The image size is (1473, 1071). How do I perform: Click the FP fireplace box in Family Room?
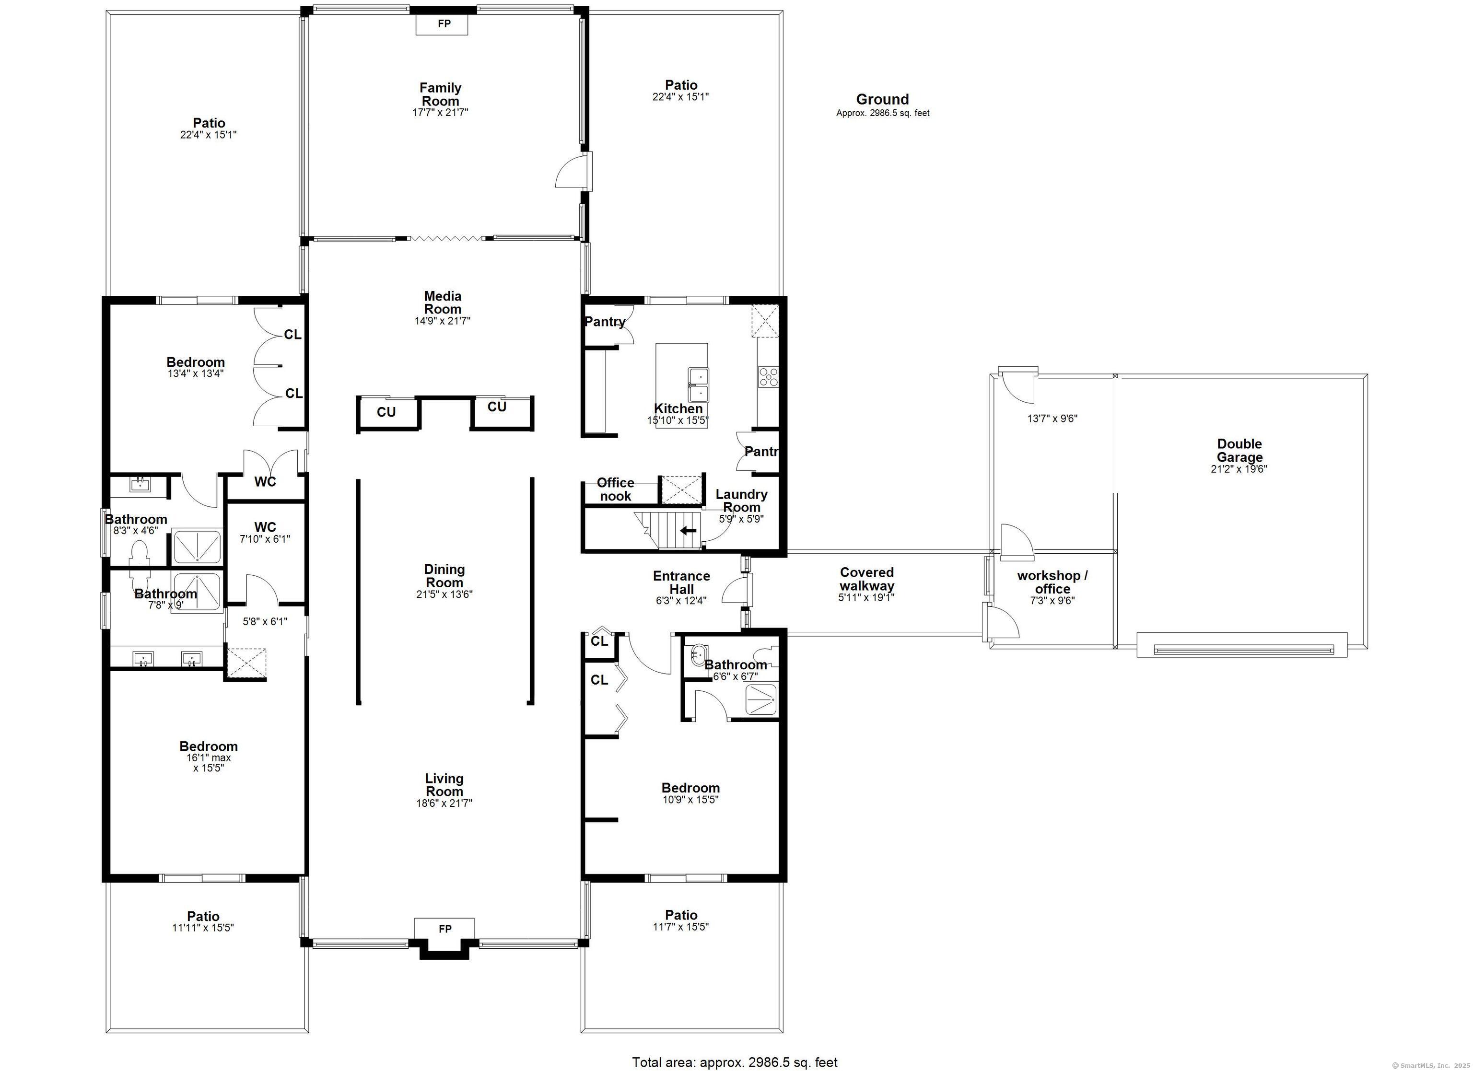444,24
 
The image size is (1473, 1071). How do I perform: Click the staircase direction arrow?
688,530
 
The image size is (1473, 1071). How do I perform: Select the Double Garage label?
1239,450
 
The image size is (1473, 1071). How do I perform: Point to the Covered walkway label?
866,579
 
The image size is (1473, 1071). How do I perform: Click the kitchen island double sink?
698,385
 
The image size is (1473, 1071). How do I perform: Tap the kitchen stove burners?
768,377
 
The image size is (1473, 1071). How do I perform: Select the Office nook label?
615,489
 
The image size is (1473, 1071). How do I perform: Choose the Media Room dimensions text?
443,321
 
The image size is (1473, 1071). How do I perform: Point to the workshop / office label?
1052,582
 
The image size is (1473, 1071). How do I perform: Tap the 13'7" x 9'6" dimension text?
1052,419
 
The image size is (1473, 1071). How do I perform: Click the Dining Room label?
444,575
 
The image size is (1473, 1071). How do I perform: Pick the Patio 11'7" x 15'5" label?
681,920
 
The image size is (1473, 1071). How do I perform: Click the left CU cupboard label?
386,412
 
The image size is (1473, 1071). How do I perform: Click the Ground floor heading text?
882,99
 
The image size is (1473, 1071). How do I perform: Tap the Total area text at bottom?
735,1062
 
